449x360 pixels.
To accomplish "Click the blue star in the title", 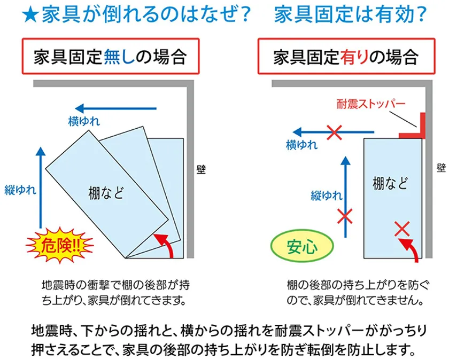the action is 30,15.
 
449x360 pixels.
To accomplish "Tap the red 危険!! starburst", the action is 59,245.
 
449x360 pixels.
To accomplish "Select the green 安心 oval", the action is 302,246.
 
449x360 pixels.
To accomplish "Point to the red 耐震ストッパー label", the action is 371,104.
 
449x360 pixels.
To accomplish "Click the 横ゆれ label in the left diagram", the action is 84,121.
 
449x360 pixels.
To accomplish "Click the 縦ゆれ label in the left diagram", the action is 20,190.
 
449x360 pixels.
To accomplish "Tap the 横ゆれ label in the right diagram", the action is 302,145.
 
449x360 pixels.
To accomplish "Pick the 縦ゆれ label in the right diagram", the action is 327,195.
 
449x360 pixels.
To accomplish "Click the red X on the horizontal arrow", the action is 335,132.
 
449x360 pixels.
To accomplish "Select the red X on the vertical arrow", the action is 345,216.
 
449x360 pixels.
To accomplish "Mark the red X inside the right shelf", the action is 402,229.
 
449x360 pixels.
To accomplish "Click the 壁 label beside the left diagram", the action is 201,169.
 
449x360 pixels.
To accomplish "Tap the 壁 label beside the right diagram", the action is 442,168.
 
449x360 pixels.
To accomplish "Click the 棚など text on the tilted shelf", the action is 106,193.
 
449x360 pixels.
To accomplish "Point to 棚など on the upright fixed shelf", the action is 390,183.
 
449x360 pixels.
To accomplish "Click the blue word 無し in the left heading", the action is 119,57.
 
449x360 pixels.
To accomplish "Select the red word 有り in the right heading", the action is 354,57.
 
